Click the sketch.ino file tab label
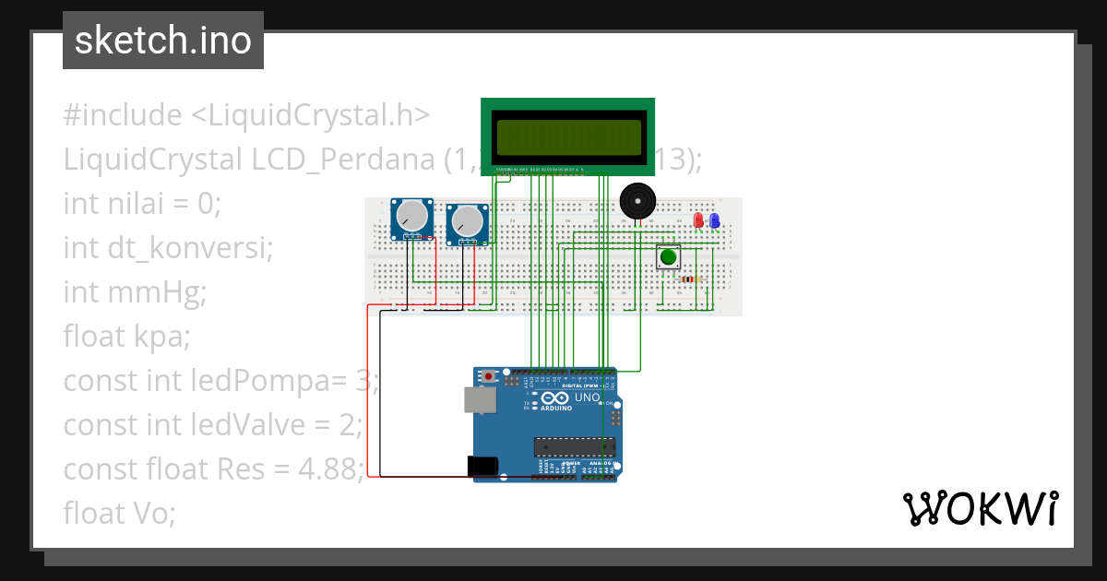pos(162,41)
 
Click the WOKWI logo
pos(979,508)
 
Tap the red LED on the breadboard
pos(698,220)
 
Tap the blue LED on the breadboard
pos(715,220)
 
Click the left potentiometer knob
pos(411,218)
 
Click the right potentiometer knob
pos(467,222)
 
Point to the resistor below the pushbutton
pos(688,279)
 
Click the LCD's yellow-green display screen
pos(568,137)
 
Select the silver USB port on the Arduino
pos(479,399)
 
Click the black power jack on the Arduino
pos(483,467)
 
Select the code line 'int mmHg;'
pos(135,292)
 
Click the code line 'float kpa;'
pos(126,337)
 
